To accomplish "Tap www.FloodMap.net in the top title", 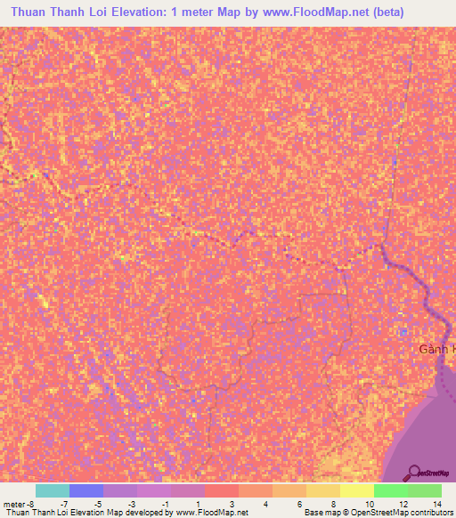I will click(x=300, y=12).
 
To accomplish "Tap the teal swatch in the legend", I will click(x=52, y=490).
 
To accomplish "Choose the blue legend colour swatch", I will click(x=85, y=490).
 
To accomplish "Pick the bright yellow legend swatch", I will click(x=356, y=490).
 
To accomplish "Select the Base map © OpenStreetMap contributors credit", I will click(x=378, y=513).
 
